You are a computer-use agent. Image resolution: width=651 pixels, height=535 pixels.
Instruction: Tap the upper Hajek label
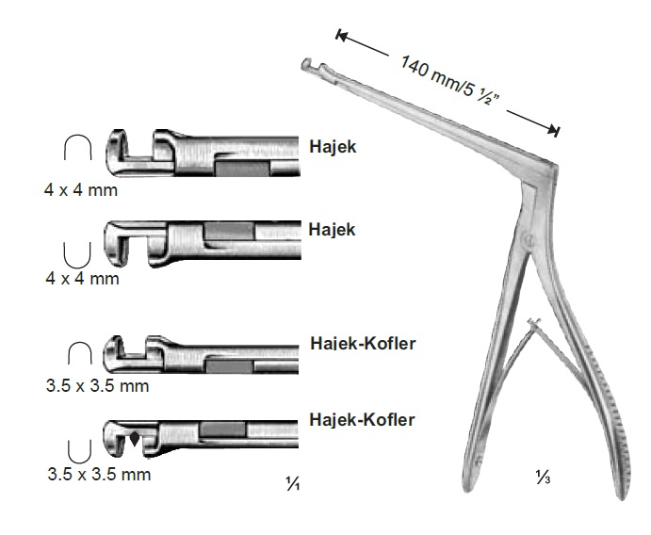333,147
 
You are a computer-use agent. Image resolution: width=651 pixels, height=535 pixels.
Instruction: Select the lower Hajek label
332,229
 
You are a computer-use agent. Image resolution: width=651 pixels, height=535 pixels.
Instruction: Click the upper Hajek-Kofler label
363,343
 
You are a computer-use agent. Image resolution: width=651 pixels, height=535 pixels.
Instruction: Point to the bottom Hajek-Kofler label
362,419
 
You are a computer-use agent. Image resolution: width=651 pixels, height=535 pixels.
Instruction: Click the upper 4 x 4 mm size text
81,190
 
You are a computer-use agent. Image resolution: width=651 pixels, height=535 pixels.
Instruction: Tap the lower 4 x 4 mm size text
83,278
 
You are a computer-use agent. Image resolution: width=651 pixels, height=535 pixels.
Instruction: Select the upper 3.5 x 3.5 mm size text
98,386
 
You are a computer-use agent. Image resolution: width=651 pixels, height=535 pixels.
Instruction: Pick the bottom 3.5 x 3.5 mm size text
99,474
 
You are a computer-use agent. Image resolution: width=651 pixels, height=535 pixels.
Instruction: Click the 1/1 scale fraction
293,483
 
